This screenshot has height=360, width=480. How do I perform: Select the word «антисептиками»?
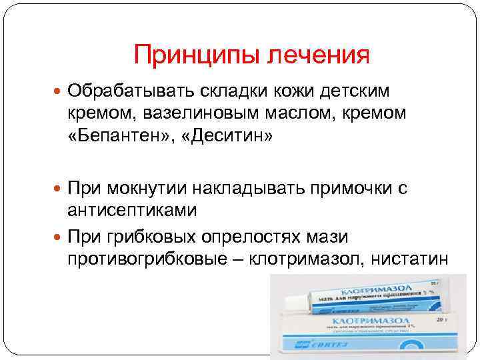131,211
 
